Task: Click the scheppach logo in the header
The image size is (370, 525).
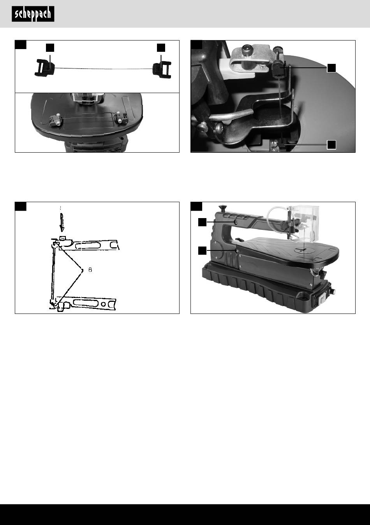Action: (x=33, y=14)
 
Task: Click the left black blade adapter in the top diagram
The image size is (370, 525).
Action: (x=45, y=68)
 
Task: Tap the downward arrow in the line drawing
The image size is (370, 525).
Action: (x=62, y=222)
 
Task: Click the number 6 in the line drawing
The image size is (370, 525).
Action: (x=90, y=270)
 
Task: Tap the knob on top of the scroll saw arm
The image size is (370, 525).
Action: (x=222, y=208)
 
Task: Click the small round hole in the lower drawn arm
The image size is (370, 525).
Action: (x=103, y=304)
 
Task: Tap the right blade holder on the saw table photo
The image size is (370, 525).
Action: (x=120, y=118)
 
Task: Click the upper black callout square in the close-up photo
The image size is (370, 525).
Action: (x=331, y=68)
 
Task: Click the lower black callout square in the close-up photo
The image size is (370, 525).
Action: (x=331, y=144)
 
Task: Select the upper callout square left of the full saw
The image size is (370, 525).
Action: (x=202, y=222)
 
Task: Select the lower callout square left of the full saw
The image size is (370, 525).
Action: (x=202, y=250)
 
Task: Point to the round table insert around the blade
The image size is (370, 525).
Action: (x=304, y=250)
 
